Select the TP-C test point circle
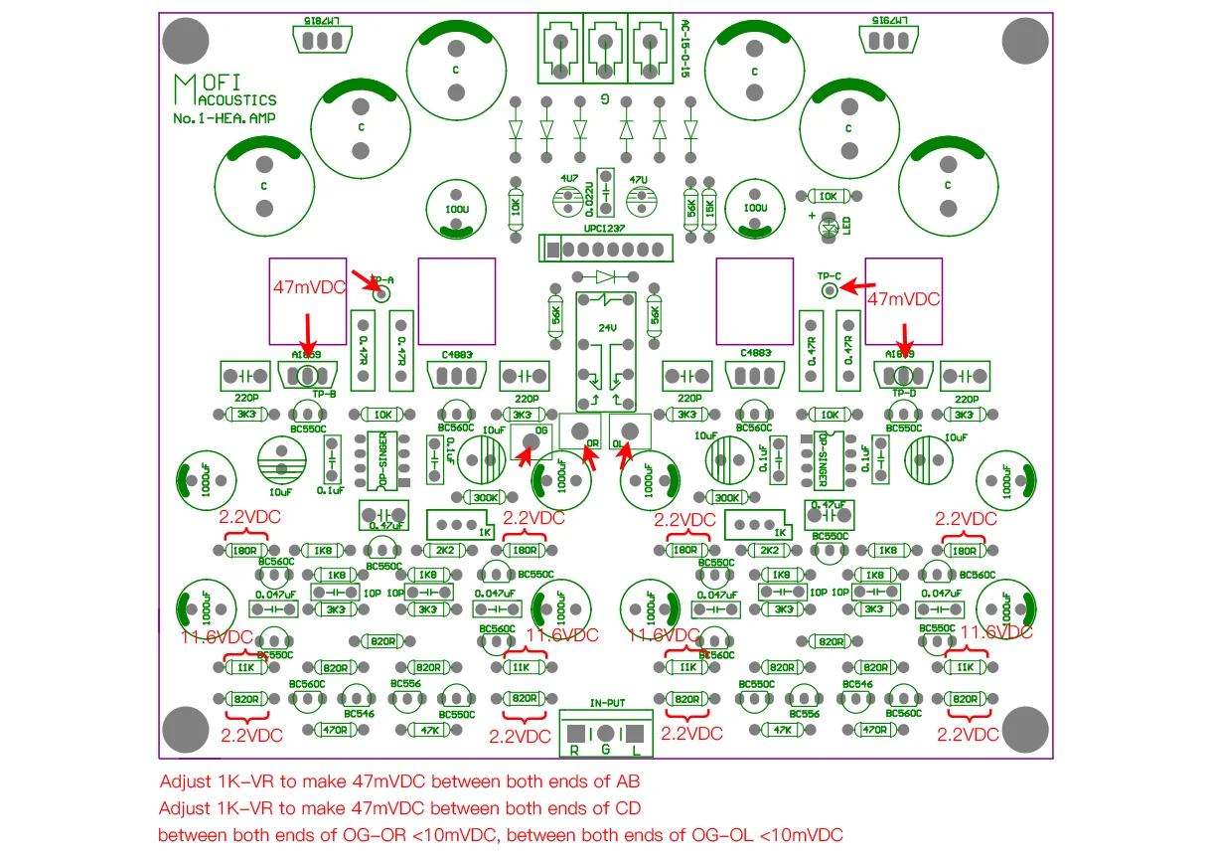tap(829, 289)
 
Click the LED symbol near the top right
tap(830, 228)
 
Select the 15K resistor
tap(708, 208)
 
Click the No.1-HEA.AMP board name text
tap(225, 118)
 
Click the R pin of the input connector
tap(575, 734)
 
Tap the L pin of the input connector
tap(636, 734)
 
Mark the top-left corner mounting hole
tap(185, 41)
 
